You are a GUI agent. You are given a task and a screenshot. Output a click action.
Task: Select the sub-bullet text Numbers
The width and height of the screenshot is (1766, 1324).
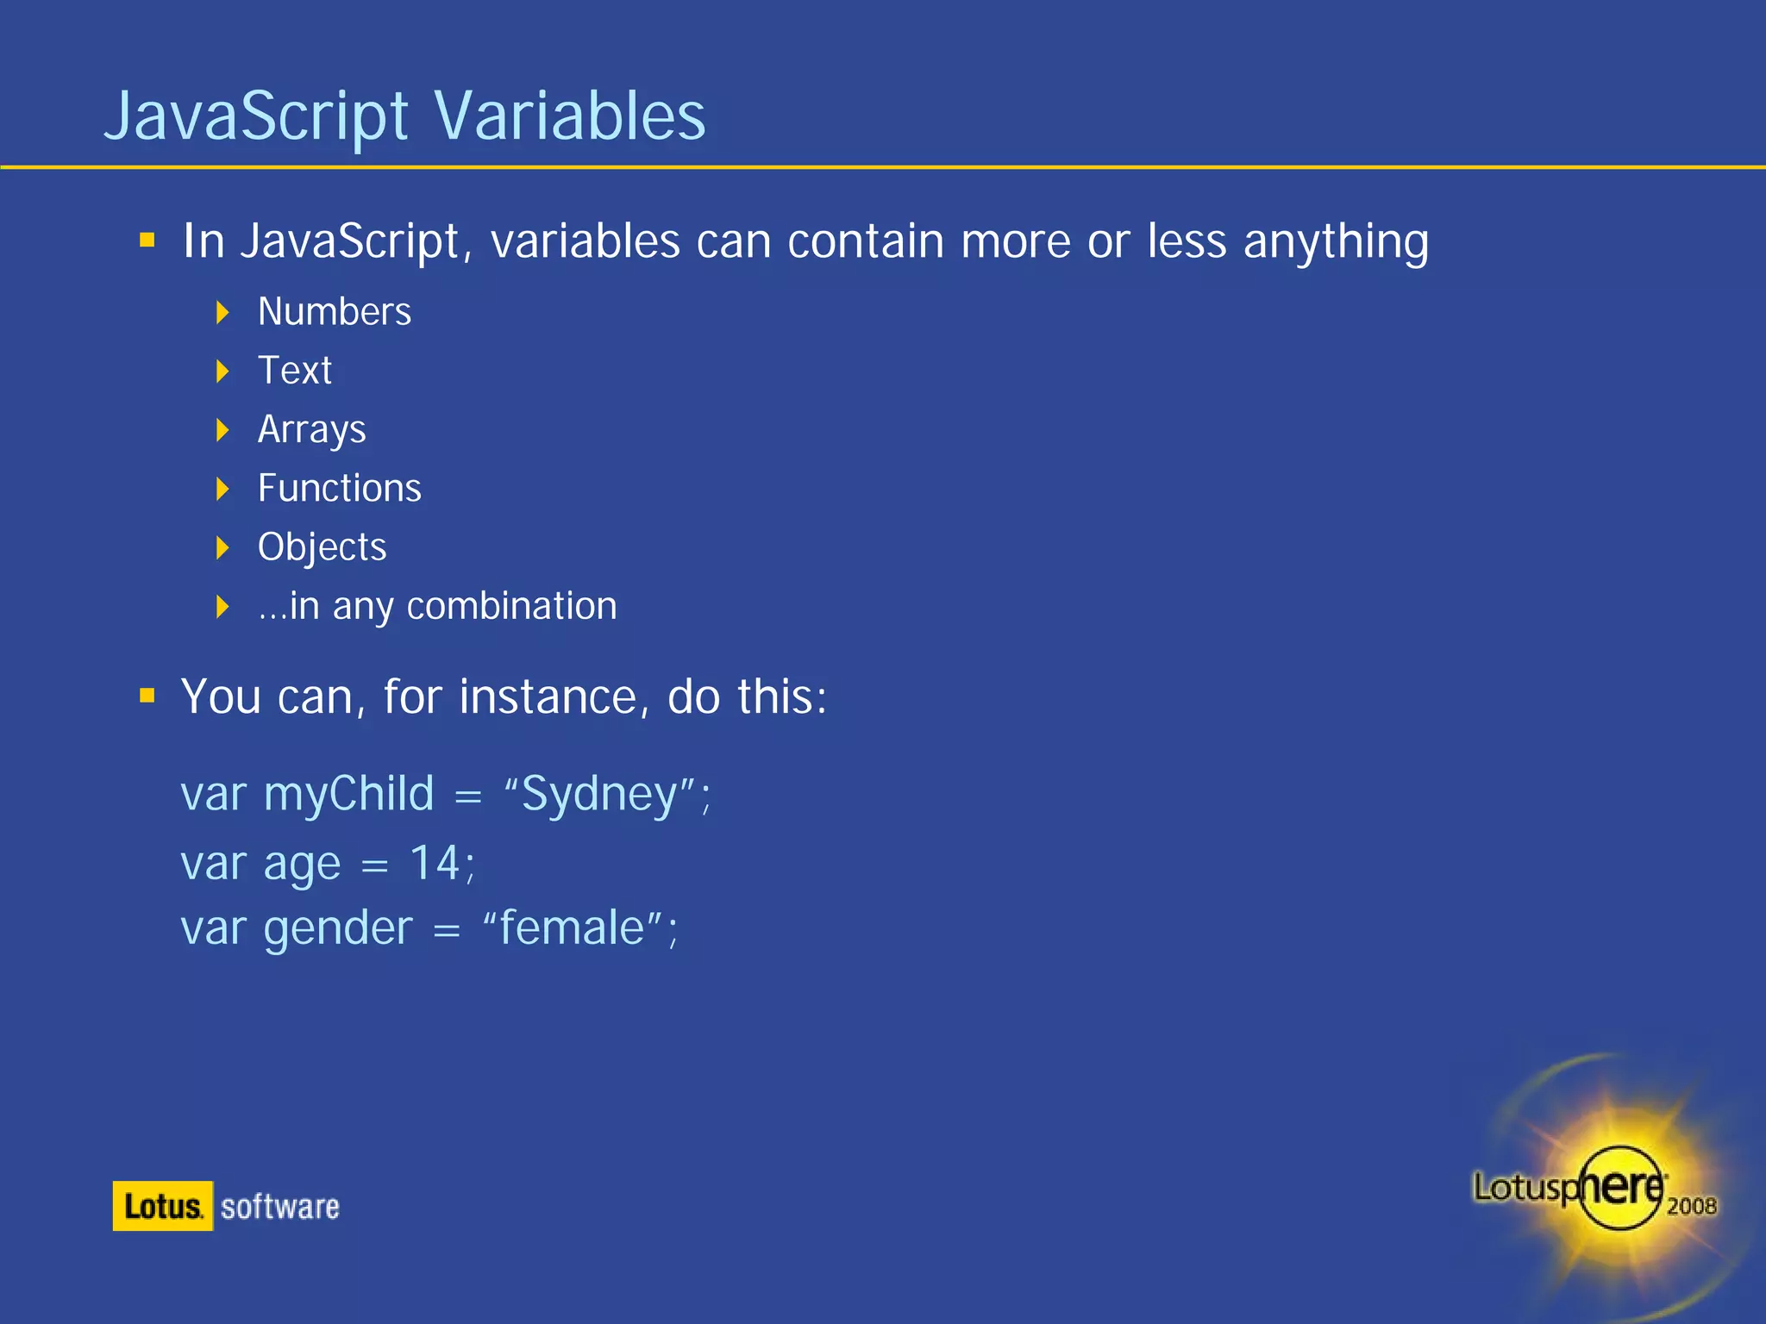coord(335,312)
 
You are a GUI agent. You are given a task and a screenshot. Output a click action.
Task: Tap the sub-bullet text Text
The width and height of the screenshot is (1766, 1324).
coord(295,371)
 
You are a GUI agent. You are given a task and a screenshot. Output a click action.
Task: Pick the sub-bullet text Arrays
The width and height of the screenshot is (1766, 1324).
coord(312,429)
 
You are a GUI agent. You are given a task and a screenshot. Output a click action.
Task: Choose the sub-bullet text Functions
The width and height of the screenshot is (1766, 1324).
coord(340,489)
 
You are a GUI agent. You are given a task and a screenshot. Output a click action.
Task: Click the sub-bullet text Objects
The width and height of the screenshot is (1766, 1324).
coord(323,547)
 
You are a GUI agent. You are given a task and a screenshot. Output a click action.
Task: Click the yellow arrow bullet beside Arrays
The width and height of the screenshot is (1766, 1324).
coord(222,429)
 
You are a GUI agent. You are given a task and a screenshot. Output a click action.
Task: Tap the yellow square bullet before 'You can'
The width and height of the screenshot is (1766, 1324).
coord(147,696)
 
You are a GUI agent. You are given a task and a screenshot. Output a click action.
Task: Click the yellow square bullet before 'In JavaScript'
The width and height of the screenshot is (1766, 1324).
coord(147,240)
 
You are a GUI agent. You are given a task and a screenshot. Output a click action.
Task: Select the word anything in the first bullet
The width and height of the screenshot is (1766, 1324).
coord(1336,241)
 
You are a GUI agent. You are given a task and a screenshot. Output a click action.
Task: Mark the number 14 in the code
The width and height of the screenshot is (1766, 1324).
coord(435,863)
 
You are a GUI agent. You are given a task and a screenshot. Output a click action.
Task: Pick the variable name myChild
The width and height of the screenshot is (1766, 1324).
coord(349,794)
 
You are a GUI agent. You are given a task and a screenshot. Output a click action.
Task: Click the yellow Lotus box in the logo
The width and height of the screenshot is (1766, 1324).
coord(162,1206)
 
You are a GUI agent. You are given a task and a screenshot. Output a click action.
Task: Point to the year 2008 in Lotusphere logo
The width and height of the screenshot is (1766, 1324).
coord(1691,1206)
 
